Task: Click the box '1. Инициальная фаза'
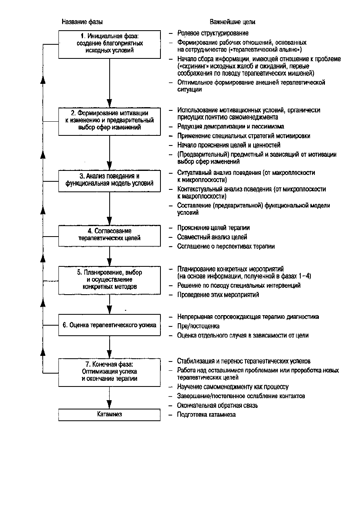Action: [x=110, y=44]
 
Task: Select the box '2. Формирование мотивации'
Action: [x=110, y=122]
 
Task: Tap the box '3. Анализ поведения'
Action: [x=110, y=181]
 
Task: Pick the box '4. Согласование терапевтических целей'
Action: [x=110, y=236]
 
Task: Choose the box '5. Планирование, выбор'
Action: [x=110, y=280]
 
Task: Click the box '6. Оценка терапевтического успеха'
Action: [x=110, y=325]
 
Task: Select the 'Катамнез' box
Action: [x=110, y=415]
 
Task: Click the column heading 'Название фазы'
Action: [x=82, y=22]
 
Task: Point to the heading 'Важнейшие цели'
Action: [x=232, y=22]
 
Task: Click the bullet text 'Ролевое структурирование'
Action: [x=213, y=33]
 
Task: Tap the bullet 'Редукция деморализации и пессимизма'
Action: [x=231, y=126]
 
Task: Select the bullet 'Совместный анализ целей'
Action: [x=212, y=237]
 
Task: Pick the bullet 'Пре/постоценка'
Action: [x=198, y=326]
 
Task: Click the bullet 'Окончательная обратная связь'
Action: [x=217, y=405]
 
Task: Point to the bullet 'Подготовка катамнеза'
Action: [x=206, y=414]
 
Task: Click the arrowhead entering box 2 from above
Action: [x=110, y=103]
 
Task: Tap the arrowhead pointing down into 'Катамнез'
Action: [x=110, y=405]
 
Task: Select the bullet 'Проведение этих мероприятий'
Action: [x=218, y=295]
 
